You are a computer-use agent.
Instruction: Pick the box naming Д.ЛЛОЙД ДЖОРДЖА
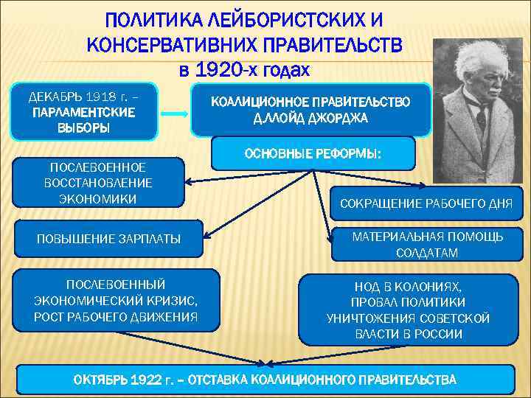pos(310,110)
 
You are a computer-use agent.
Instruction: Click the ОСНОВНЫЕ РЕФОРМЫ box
pos(313,154)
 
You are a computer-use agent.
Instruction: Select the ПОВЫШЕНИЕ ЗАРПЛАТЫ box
pos(108,238)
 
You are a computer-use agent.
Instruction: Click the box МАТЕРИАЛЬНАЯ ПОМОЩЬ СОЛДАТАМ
pos(427,244)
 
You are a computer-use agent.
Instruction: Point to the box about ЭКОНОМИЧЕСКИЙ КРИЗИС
pos(116,300)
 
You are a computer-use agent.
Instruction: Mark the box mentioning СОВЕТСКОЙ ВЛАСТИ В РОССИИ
pos(408,310)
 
